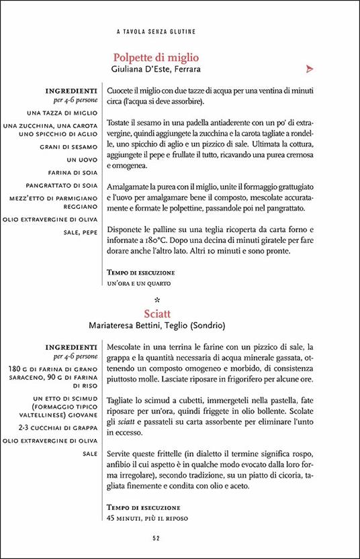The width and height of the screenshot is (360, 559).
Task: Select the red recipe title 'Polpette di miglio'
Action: click(x=156, y=57)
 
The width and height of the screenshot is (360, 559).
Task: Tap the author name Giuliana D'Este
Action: click(x=136, y=68)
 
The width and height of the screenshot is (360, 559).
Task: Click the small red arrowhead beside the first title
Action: click(x=310, y=68)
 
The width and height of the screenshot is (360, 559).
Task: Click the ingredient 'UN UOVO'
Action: click(x=84, y=160)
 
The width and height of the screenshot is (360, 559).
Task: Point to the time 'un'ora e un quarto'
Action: click(x=136, y=284)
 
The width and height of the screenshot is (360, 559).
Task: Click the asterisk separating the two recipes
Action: click(x=156, y=300)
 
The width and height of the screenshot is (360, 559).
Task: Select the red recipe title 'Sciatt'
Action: click(x=156, y=313)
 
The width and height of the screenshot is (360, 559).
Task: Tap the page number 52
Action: click(x=156, y=538)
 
